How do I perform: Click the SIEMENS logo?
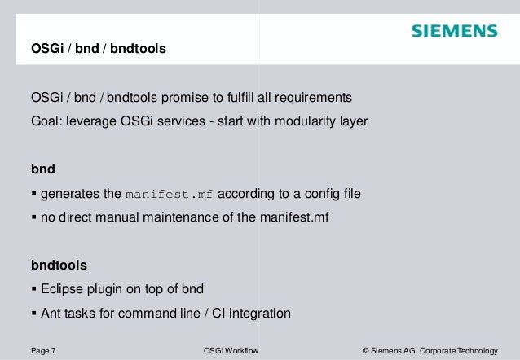454,32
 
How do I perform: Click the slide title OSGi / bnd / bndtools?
98,50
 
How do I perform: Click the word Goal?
46,121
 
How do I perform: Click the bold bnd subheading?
42,171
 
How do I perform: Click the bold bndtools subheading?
59,266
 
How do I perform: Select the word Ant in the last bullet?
51,313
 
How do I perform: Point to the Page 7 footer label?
43,351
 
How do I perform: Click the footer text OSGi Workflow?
230,351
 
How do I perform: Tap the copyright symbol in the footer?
365,351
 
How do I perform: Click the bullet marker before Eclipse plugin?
33,289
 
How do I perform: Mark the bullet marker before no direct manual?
33,217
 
